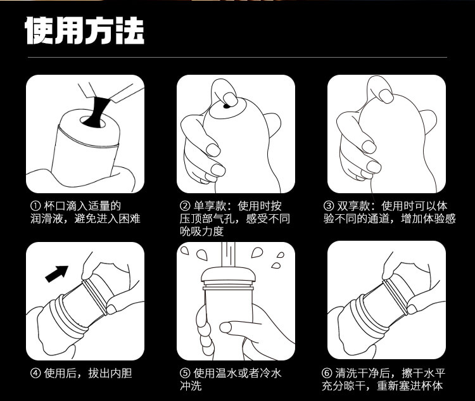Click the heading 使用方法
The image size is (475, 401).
coord(84,30)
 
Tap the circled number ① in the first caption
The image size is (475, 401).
coord(35,206)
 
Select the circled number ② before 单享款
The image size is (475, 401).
coord(185,206)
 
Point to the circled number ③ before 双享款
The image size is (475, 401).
coord(329,206)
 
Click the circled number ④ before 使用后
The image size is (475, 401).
coord(35,373)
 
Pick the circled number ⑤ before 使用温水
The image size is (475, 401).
coord(185,373)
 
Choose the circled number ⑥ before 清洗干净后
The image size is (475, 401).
coord(327,373)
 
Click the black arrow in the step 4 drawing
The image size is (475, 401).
coord(56,274)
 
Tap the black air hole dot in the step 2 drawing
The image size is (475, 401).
coord(226,106)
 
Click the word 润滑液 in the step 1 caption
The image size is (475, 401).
coord(47,219)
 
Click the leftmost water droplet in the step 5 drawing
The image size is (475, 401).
coord(184,250)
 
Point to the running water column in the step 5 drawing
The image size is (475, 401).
coord(229,255)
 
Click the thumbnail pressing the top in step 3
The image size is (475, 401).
coord(386,96)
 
